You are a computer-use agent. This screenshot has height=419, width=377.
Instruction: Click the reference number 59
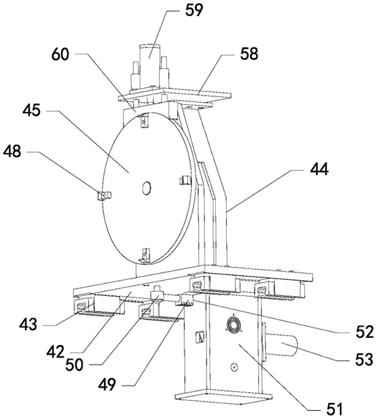(193, 10)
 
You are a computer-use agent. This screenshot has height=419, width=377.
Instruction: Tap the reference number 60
(60, 54)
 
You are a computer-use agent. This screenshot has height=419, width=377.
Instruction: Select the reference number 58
(249, 54)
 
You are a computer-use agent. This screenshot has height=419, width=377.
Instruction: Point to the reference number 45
(31, 110)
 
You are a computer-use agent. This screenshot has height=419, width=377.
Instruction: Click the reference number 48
(12, 152)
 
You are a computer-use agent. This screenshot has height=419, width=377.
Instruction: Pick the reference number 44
(319, 169)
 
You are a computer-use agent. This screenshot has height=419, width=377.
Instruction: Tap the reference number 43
(28, 325)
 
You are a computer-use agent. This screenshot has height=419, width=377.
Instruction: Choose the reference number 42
(55, 351)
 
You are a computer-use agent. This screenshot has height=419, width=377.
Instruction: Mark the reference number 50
(74, 365)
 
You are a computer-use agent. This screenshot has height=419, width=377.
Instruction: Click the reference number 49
(107, 385)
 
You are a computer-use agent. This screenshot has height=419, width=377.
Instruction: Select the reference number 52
(364, 332)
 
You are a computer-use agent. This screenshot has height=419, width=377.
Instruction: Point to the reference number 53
(364, 360)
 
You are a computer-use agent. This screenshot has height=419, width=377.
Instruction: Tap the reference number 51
(334, 409)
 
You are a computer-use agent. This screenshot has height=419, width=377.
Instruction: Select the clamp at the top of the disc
(145, 119)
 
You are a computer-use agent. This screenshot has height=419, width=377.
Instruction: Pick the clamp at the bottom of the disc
(145, 256)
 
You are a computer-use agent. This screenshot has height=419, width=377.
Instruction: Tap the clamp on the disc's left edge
(104, 196)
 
